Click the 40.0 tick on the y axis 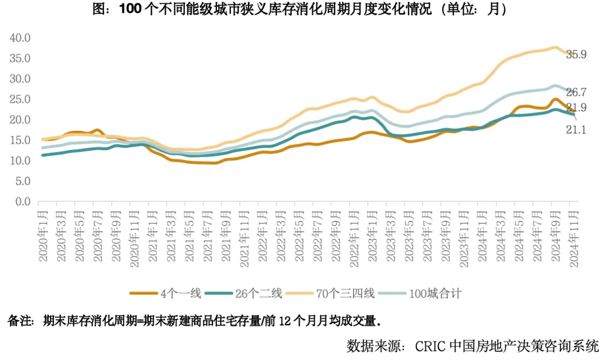click(20, 38)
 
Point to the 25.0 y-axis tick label click(20, 99)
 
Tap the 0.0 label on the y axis click(22, 201)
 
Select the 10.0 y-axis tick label click(20, 161)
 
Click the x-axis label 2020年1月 click(43, 235)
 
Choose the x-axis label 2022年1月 click(263, 235)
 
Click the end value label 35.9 click(577, 54)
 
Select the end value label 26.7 click(577, 92)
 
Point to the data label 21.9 click(577, 108)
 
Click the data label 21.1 click(577, 130)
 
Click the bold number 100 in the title click(130, 10)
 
